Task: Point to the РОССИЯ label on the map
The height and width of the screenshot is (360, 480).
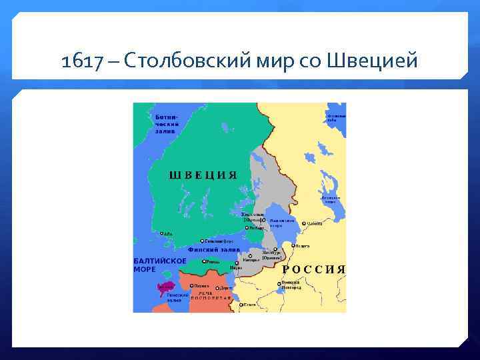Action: [x=314, y=269]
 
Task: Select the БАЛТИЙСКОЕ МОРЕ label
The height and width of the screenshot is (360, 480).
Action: [x=155, y=265]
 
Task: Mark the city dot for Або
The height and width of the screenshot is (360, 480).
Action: [x=160, y=233]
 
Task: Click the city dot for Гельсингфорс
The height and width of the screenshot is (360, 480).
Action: [x=202, y=241]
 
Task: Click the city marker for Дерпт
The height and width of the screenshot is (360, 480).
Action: [x=217, y=289]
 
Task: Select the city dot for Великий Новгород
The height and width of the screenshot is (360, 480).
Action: [x=278, y=283]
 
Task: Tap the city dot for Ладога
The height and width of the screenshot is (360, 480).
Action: [x=292, y=246]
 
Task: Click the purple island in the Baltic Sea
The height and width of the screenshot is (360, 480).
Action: [x=162, y=288]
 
